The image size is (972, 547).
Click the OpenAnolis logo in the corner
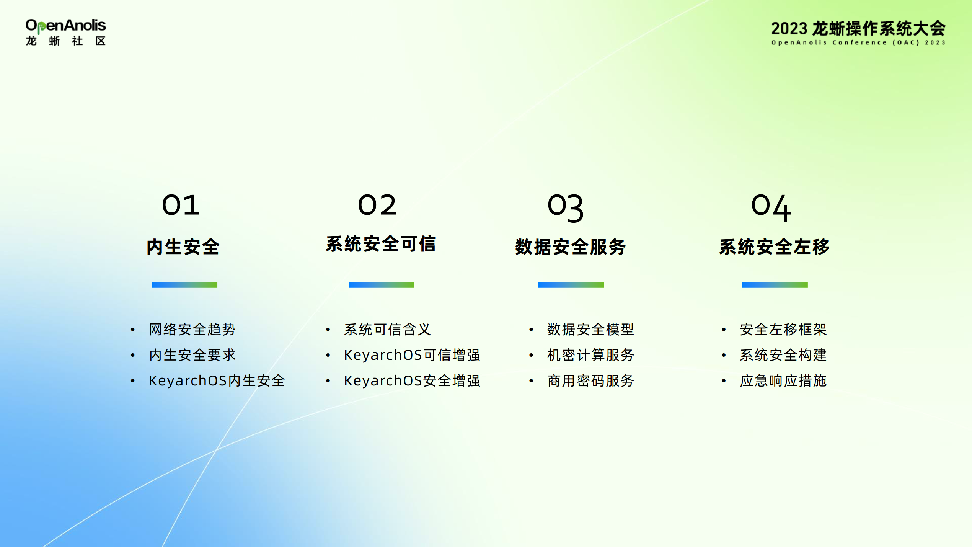tap(65, 32)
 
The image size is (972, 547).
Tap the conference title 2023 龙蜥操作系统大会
tap(858, 29)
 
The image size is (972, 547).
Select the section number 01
tap(181, 205)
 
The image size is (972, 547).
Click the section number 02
tap(377, 205)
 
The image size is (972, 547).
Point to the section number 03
tap(566, 207)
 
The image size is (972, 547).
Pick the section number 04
tap(771, 207)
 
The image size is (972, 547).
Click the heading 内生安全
tap(183, 247)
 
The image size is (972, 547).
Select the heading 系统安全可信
tap(381, 244)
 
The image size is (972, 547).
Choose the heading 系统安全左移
tap(775, 247)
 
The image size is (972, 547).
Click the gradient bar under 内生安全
tap(184, 285)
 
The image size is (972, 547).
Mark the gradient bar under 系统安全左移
tap(775, 285)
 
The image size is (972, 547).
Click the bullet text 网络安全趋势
tap(192, 329)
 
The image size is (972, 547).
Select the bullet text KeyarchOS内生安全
tap(217, 380)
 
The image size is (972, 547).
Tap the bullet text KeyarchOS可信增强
tap(412, 355)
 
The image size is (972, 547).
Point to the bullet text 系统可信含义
tap(387, 329)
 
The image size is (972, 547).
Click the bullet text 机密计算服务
tap(591, 355)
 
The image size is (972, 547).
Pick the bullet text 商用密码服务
tap(591, 380)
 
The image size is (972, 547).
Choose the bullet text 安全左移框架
tap(783, 329)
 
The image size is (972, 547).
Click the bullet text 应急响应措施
tap(783, 380)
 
